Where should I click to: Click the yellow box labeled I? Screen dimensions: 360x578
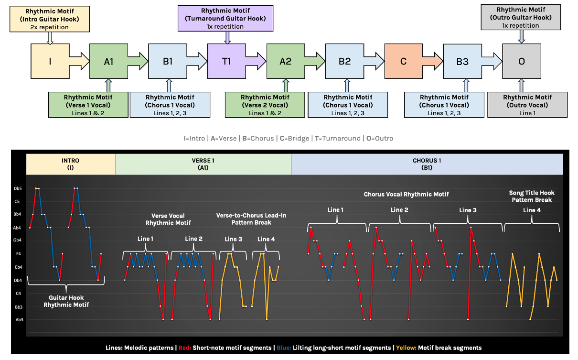point(50,61)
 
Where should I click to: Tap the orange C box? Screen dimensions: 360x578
point(404,61)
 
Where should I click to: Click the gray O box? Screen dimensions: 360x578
point(521,61)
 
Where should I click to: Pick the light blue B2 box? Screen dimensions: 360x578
point(344,61)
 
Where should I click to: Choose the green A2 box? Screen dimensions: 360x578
point(286,61)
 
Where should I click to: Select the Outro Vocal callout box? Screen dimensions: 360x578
point(527,105)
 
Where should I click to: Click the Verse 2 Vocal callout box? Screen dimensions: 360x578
point(265,105)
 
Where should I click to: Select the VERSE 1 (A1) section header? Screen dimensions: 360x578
point(203,164)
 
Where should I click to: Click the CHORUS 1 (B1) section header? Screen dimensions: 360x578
point(427,164)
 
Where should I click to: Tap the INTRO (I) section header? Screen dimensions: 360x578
point(71,164)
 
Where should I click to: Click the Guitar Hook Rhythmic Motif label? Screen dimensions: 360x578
point(66,301)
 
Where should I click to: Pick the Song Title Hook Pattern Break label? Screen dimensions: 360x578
point(532,196)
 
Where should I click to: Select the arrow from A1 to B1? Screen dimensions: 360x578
point(138,61)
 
